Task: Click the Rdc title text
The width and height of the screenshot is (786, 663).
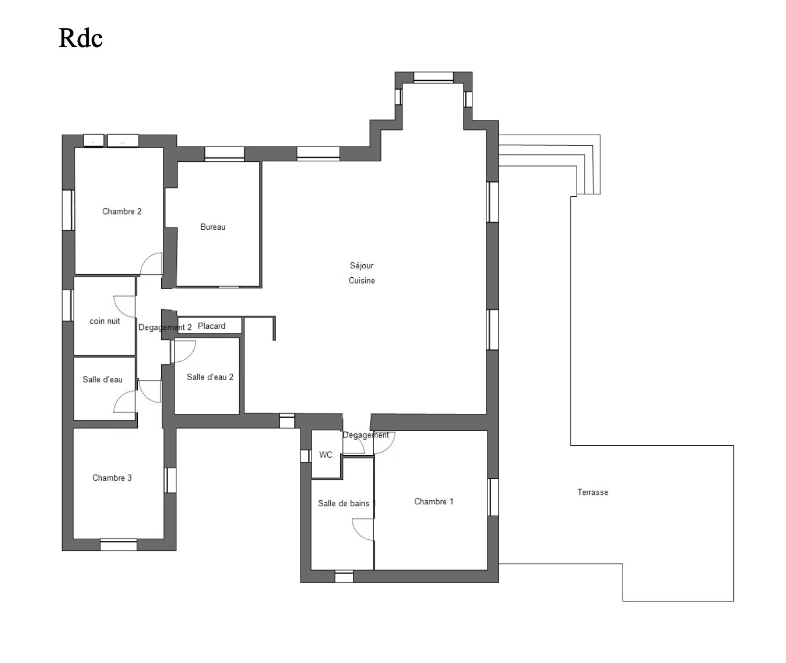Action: [x=80, y=38]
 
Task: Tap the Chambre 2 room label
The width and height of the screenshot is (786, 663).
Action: [x=122, y=211]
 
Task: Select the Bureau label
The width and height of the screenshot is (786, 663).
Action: [x=213, y=227]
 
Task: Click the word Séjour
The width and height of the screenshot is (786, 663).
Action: [x=361, y=265]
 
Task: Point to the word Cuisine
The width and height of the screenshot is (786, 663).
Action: [x=361, y=280]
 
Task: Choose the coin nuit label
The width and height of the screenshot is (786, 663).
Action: [x=104, y=321]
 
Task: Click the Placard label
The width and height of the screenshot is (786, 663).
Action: [x=211, y=326]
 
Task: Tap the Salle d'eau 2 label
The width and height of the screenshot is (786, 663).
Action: [x=210, y=377]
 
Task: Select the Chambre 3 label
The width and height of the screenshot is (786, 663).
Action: [x=112, y=478]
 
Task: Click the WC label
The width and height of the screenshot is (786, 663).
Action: [x=326, y=455]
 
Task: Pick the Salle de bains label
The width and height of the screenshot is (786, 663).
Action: [x=343, y=503]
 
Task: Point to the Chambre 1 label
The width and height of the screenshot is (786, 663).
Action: [x=434, y=502]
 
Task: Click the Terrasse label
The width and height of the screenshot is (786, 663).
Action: [x=592, y=492]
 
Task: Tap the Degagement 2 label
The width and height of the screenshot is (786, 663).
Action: [x=165, y=327]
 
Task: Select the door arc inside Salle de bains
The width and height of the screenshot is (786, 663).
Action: [x=357, y=535]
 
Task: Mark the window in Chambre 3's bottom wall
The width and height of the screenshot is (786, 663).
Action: [x=118, y=545]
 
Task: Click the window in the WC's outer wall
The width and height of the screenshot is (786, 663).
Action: [x=306, y=456]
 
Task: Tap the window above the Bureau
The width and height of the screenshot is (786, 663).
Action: [x=224, y=153]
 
